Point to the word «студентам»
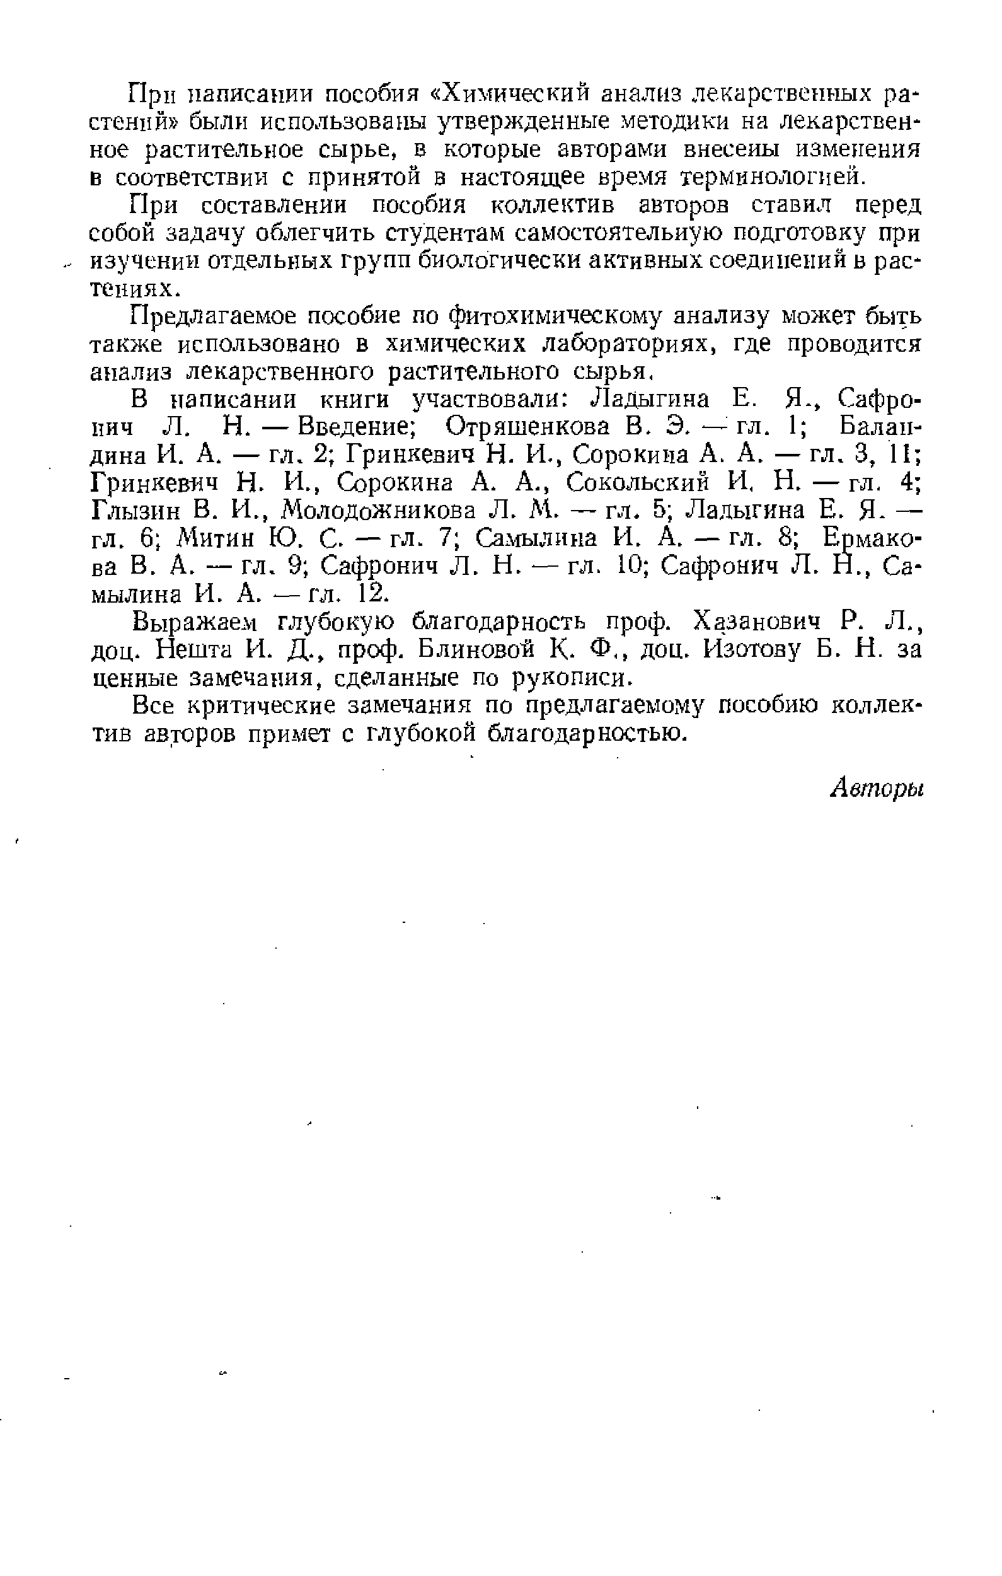coord(445,233)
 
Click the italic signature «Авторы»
coord(877,790)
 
